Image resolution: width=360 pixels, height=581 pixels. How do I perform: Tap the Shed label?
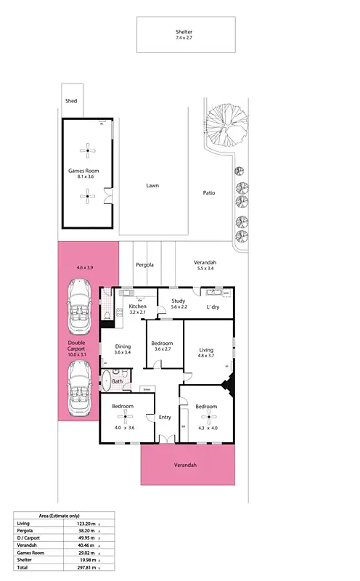coord(71,101)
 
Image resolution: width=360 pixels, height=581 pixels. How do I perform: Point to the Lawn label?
coord(152,186)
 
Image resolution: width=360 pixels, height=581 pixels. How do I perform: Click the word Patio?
coord(210,193)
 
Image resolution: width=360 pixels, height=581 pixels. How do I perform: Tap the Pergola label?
coord(145,265)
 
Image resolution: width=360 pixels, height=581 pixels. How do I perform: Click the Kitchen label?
coord(138,306)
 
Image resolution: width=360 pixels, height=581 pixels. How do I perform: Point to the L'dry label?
coord(213,307)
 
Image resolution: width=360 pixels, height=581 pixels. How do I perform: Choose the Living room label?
coord(207,350)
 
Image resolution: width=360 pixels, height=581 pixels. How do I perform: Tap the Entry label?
coord(165,417)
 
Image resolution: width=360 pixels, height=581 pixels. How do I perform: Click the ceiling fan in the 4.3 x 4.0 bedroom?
coord(210,416)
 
